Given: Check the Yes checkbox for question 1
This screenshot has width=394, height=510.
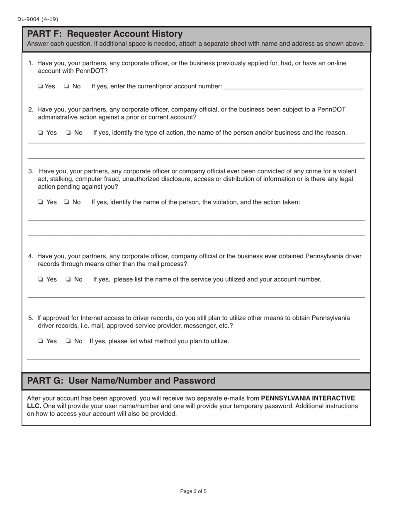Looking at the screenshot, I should coord(40,86).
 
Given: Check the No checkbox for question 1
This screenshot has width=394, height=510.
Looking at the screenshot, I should coord(66,86).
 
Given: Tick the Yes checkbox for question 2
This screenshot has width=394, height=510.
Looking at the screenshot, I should coord(40,133).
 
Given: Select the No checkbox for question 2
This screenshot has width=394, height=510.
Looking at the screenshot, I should coord(68,133).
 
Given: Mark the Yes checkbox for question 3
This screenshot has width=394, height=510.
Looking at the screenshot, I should coord(40,202).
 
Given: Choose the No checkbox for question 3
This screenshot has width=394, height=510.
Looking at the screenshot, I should coord(66,202).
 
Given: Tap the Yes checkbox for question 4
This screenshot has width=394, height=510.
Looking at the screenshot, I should coord(40,279).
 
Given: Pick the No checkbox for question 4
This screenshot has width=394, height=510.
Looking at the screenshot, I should coord(68,279).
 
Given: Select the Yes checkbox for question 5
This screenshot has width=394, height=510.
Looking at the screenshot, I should coord(40,341).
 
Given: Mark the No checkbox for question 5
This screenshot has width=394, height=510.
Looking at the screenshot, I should coord(68,341).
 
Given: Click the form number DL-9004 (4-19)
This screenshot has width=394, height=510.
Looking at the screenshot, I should coord(38,19).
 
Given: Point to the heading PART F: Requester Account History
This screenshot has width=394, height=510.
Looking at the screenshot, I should coord(105,34).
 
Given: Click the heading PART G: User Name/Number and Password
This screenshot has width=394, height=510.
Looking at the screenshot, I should coord(121,381).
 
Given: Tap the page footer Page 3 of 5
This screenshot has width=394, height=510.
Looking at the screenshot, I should coord(193,491).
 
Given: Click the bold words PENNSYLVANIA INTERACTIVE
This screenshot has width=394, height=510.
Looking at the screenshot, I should coord(308,398).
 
